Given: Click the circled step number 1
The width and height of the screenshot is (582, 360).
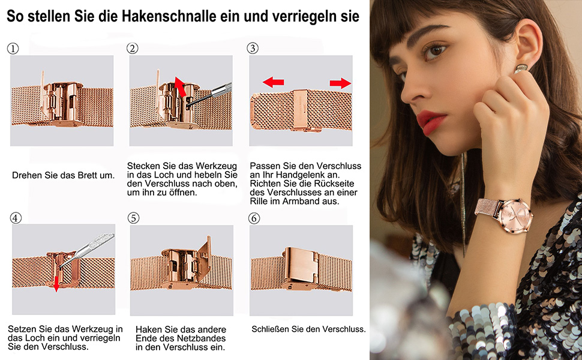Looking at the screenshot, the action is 13,49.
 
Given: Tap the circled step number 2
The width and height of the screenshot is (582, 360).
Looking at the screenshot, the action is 133,48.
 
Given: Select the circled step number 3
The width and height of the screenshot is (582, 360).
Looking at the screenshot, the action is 253,48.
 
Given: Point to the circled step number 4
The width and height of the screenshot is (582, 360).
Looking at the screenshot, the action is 16,218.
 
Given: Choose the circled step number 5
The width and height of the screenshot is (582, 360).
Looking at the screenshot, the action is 134,218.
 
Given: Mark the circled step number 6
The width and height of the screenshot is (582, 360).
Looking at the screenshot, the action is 254,218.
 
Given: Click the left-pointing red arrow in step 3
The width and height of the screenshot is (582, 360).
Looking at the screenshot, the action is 273,82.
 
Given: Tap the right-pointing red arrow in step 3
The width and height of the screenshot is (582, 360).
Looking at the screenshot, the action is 340,83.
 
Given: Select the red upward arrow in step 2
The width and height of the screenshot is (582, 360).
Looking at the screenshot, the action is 181,86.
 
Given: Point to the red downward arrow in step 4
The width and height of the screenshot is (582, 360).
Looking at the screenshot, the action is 56,283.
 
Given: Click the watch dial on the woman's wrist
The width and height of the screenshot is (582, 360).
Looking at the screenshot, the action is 515,215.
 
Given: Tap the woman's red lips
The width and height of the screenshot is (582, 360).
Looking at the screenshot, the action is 430,122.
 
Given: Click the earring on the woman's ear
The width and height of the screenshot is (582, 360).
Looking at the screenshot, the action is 521,68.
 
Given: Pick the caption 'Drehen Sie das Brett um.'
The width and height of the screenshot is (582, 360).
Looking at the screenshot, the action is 63,175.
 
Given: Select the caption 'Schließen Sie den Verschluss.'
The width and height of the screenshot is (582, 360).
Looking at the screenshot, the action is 308,329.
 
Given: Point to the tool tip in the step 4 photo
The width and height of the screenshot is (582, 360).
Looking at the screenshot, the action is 61,265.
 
